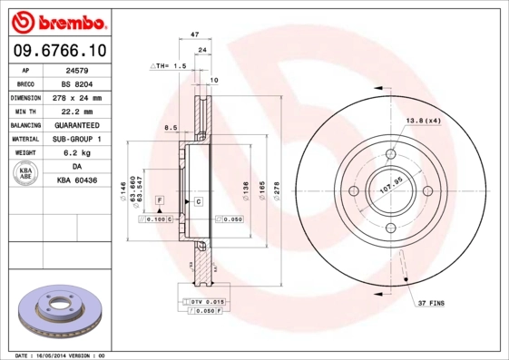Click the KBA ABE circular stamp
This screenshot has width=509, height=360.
25,174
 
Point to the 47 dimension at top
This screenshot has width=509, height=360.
194,34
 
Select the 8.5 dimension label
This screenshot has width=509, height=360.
170,128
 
